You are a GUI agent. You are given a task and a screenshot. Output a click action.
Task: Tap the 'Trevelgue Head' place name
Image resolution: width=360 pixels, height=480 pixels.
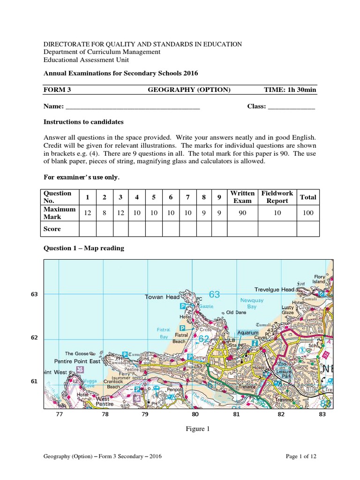(274, 290)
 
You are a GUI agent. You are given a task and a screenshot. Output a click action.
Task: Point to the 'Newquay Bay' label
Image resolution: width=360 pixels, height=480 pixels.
(249, 303)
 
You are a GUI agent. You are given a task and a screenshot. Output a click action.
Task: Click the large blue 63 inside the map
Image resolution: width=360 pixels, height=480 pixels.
(214, 294)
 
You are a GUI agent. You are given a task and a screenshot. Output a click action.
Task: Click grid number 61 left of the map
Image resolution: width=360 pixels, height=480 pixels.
(34, 382)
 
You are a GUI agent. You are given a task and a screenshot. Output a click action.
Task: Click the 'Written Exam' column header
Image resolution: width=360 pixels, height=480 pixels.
(242, 197)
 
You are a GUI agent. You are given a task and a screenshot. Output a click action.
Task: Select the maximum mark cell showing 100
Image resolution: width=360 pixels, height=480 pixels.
(308, 213)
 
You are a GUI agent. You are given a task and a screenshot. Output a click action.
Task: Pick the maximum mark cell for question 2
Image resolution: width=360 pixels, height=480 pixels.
(105, 213)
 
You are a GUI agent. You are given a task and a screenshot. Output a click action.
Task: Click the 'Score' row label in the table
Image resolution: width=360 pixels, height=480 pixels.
(52, 229)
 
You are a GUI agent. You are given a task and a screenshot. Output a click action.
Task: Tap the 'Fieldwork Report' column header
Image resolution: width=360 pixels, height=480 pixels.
(277, 197)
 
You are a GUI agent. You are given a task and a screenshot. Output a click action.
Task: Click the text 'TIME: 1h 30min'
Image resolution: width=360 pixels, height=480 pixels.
(290, 90)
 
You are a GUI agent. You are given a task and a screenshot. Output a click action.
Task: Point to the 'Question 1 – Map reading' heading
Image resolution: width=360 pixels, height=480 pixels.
(84, 248)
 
